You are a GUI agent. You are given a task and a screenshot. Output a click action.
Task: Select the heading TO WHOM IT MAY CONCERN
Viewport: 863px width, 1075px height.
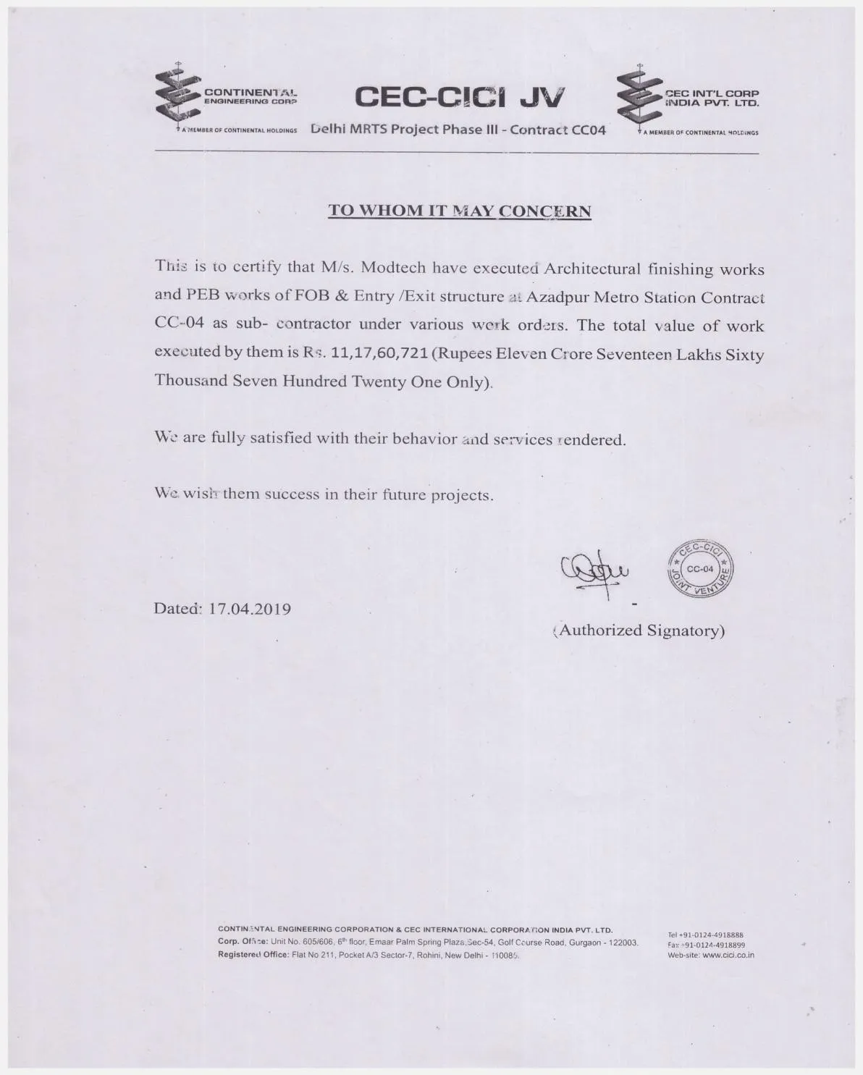pos(460,211)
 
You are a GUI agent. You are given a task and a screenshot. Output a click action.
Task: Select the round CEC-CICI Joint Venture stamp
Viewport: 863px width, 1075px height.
pos(699,570)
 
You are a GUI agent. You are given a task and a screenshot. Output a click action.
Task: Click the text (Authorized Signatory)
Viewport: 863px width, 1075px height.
pos(639,631)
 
